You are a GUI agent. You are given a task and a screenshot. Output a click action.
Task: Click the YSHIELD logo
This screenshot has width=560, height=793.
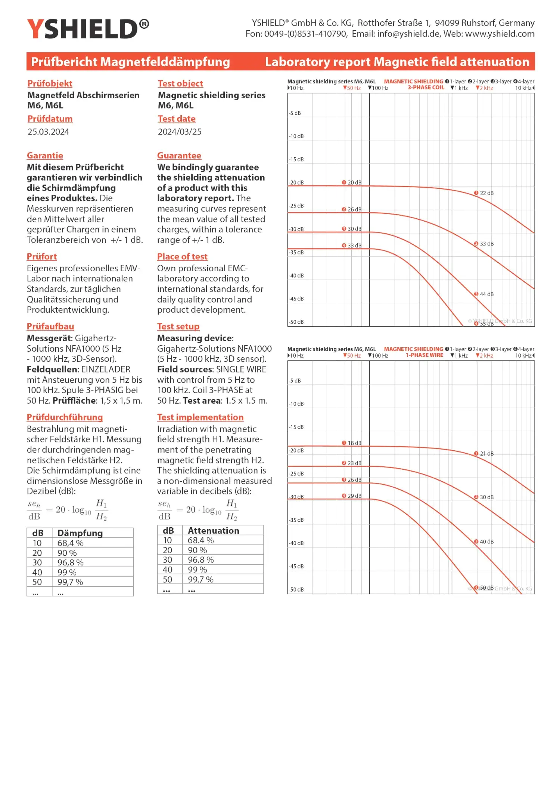(x=88, y=29)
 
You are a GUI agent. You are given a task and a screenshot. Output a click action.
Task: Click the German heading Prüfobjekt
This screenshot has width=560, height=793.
(x=50, y=83)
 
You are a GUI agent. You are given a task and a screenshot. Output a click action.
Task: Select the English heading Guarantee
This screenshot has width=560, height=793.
(x=179, y=155)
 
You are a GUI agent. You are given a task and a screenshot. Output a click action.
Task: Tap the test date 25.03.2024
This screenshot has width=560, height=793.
(x=48, y=132)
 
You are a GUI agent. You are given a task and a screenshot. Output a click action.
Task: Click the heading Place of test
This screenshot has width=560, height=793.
(x=182, y=256)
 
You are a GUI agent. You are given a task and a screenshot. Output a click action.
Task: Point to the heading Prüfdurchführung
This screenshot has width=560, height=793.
(x=65, y=417)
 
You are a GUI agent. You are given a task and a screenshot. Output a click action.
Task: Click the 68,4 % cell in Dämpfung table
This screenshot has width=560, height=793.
(x=70, y=543)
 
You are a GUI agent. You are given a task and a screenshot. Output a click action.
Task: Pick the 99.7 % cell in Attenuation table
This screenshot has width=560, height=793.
(x=200, y=580)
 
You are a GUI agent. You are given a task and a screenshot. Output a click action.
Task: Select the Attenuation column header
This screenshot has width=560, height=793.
(x=213, y=531)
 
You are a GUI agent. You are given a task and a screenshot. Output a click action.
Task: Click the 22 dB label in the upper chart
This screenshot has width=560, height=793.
(x=486, y=193)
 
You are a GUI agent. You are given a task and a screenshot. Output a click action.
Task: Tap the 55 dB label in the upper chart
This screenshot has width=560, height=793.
(x=486, y=324)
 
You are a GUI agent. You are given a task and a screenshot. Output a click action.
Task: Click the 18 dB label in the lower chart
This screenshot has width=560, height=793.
(x=354, y=443)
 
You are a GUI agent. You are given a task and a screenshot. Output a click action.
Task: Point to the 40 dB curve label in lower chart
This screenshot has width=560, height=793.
(x=486, y=541)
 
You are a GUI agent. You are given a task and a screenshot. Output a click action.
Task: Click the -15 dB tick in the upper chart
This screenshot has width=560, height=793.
(x=296, y=160)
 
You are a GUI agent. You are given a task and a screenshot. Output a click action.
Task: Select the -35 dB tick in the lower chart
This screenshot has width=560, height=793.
(x=296, y=520)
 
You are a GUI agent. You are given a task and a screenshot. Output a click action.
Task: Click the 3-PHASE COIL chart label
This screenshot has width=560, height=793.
(x=426, y=88)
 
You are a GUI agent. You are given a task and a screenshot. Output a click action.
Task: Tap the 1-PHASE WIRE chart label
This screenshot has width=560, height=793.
(x=424, y=355)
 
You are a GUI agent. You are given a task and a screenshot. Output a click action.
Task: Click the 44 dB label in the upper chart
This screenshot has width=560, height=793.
(x=486, y=294)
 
